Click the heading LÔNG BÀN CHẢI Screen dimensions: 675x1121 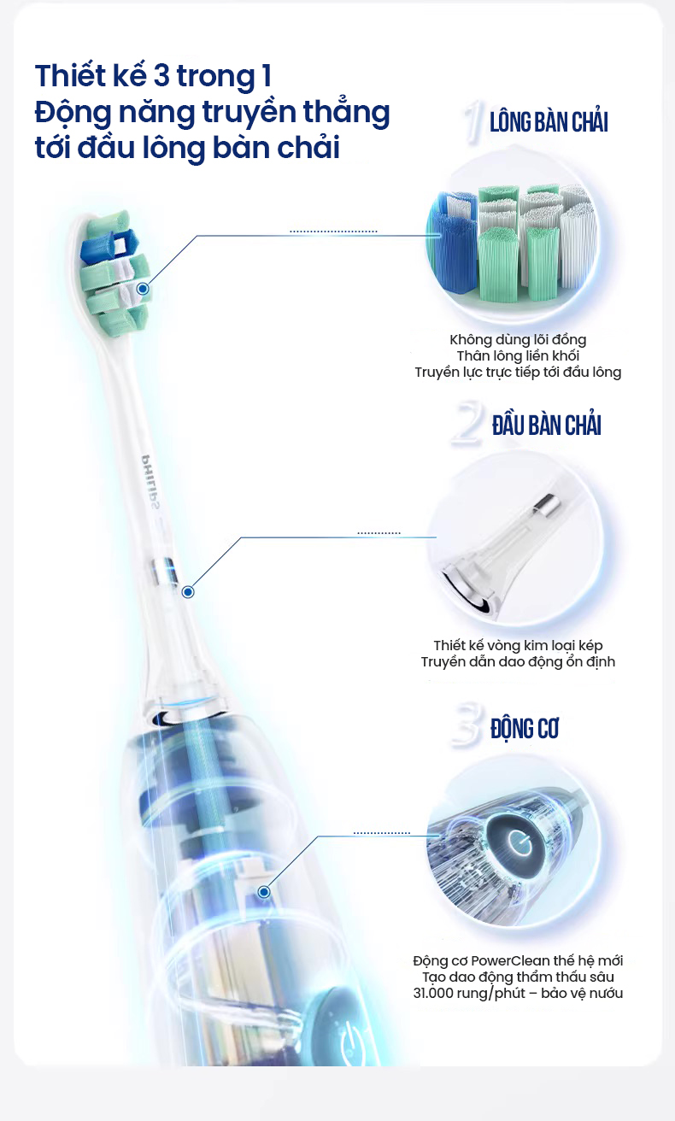[549, 123]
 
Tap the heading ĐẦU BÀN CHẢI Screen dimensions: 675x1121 [546, 426]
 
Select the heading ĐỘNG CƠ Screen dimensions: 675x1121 [525, 729]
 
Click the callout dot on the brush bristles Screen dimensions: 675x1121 [143, 289]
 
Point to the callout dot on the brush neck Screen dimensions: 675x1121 [188, 592]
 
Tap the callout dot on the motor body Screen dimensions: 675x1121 [264, 892]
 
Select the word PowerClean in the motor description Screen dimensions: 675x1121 [510, 961]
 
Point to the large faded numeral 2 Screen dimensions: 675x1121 [467, 425]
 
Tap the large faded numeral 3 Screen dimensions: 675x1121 [467, 725]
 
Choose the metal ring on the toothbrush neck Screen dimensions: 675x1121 [165, 572]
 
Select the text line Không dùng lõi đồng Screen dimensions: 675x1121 [518, 340]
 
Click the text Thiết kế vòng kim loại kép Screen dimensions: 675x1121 [518, 645]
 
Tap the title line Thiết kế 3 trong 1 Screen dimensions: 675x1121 [153, 76]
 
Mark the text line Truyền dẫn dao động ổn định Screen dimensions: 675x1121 [518, 661]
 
